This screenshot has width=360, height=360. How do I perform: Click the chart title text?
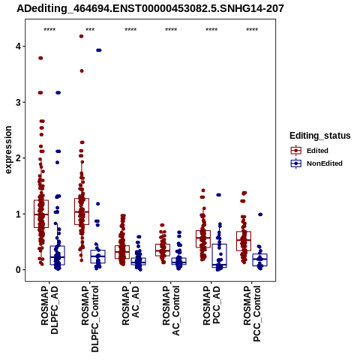pyautogui.click(x=150, y=8)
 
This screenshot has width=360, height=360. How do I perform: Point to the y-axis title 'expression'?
pyautogui.click(x=8, y=150)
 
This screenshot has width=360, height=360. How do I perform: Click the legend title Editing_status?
pyautogui.click(x=320, y=136)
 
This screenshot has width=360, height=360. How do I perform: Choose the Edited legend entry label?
pyautogui.click(x=317, y=151)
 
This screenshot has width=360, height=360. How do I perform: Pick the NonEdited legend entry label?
pyautogui.click(x=325, y=163)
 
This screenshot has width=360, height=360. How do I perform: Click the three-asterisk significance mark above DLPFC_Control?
pyautogui.click(x=90, y=30)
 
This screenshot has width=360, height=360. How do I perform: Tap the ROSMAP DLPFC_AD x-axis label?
pyautogui.click(x=49, y=310)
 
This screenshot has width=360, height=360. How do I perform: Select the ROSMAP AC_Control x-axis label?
pyautogui.click(x=171, y=310)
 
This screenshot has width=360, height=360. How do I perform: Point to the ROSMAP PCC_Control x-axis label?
pyautogui.click(x=252, y=313)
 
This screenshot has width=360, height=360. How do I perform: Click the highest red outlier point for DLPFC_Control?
pyautogui.click(x=81, y=36)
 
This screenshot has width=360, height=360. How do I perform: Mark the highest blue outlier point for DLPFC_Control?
pyautogui.click(x=99, y=50)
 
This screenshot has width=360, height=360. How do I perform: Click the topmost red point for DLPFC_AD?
pyautogui.click(x=40, y=58)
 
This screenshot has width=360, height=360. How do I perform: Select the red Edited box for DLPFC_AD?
pyautogui.click(x=41, y=214)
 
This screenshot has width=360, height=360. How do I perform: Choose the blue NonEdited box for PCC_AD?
pyautogui.click(x=219, y=256)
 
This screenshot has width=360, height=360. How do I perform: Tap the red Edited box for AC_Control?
pyautogui.click(x=163, y=250)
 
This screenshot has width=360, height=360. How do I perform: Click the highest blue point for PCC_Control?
pyautogui.click(x=260, y=214)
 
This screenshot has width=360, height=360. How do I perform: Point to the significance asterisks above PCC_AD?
pyautogui.click(x=211, y=30)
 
